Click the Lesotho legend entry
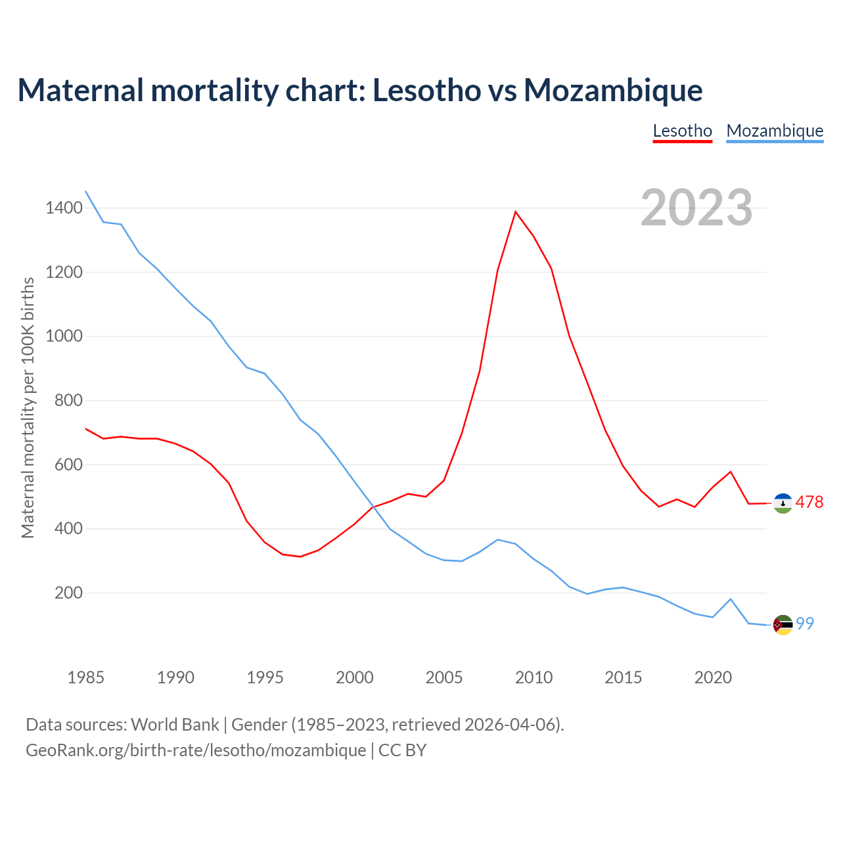(682, 131)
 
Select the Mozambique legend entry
(775, 131)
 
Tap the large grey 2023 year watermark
(696, 208)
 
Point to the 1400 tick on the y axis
(64, 208)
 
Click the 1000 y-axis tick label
(64, 336)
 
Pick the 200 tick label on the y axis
(68, 593)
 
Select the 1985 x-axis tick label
(85, 677)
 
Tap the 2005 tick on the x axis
(444, 677)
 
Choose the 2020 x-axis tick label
(713, 677)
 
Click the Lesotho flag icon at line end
(783, 503)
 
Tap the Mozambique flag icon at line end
(783, 625)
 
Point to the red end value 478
(809, 503)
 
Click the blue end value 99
(806, 624)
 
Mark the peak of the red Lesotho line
(516, 212)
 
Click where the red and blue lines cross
(373, 507)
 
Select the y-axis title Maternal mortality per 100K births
(28, 407)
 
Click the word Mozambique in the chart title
(613, 90)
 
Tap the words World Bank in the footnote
(175, 725)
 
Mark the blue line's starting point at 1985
(86, 192)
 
